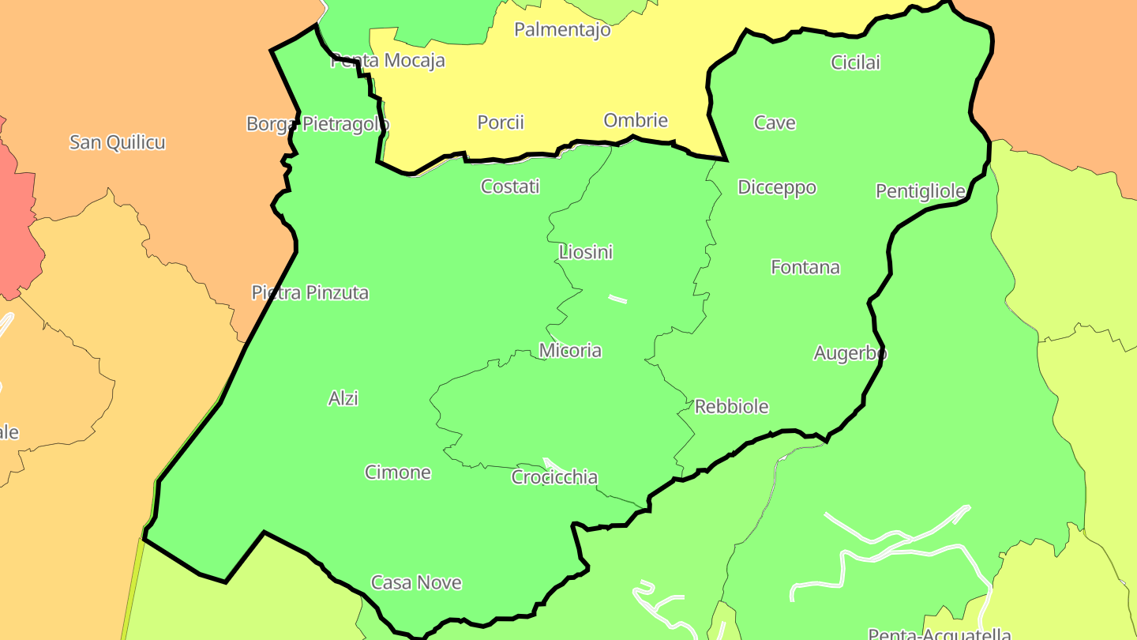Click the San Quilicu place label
(x=118, y=142)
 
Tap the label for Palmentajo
(x=562, y=30)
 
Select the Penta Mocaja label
(x=388, y=60)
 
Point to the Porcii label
(x=501, y=122)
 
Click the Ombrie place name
(x=636, y=120)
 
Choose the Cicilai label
(x=855, y=62)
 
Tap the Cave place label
(x=775, y=122)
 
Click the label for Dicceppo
(x=777, y=187)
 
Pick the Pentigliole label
(x=921, y=191)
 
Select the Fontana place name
(x=805, y=267)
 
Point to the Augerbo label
(x=850, y=353)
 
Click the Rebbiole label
(x=732, y=406)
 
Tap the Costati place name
(x=510, y=186)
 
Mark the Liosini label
(x=586, y=252)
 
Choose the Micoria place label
(x=570, y=350)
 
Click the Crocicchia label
(x=554, y=477)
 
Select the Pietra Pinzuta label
(x=310, y=292)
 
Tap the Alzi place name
(x=343, y=398)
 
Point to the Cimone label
(x=398, y=472)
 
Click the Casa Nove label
(x=416, y=582)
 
